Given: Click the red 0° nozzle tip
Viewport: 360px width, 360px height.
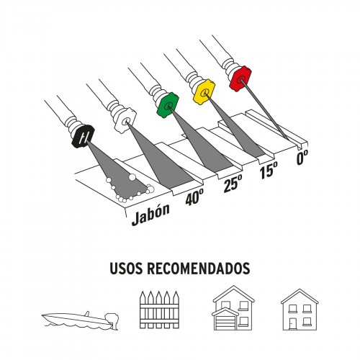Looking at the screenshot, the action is click(x=240, y=78).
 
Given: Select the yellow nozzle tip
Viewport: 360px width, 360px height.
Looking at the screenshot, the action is click(x=204, y=91).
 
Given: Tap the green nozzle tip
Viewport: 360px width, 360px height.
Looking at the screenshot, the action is click(x=168, y=105).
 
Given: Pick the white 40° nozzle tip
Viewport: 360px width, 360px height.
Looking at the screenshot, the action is click(x=125, y=121).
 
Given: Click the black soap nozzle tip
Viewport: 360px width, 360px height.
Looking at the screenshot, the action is click(x=83, y=137).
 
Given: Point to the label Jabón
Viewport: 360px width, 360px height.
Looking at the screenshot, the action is click(x=150, y=215).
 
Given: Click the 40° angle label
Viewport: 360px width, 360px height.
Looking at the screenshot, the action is click(x=194, y=197).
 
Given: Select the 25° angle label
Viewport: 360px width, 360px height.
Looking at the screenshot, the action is click(x=233, y=183).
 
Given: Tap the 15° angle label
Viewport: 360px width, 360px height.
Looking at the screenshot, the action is click(x=269, y=170).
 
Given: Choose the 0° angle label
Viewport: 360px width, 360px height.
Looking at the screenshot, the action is click(x=302, y=157).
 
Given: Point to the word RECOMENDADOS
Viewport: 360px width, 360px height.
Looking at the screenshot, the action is click(x=199, y=269).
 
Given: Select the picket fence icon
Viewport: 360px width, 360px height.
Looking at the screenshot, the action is click(x=159, y=310).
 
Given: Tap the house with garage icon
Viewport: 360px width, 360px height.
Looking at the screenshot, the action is click(x=233, y=308).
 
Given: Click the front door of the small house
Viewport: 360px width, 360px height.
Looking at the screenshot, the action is click(x=292, y=324).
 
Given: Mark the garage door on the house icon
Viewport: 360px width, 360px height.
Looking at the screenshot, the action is click(x=225, y=323).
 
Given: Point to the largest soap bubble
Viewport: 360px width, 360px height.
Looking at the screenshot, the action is click(x=132, y=177).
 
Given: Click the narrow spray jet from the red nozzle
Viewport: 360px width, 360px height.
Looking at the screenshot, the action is click(x=264, y=109).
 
